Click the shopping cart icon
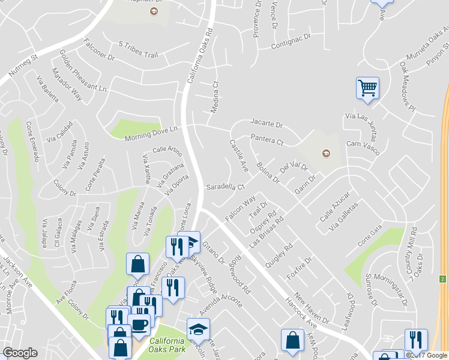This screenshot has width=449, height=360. point(367,88)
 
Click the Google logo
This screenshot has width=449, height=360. point(20,353)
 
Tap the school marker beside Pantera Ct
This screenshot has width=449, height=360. point(326,152)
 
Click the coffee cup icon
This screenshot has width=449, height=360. point(140,325)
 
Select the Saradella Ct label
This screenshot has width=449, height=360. point(226,187)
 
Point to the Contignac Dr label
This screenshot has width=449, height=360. point(291,40)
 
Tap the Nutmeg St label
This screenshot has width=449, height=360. point(23,67)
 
